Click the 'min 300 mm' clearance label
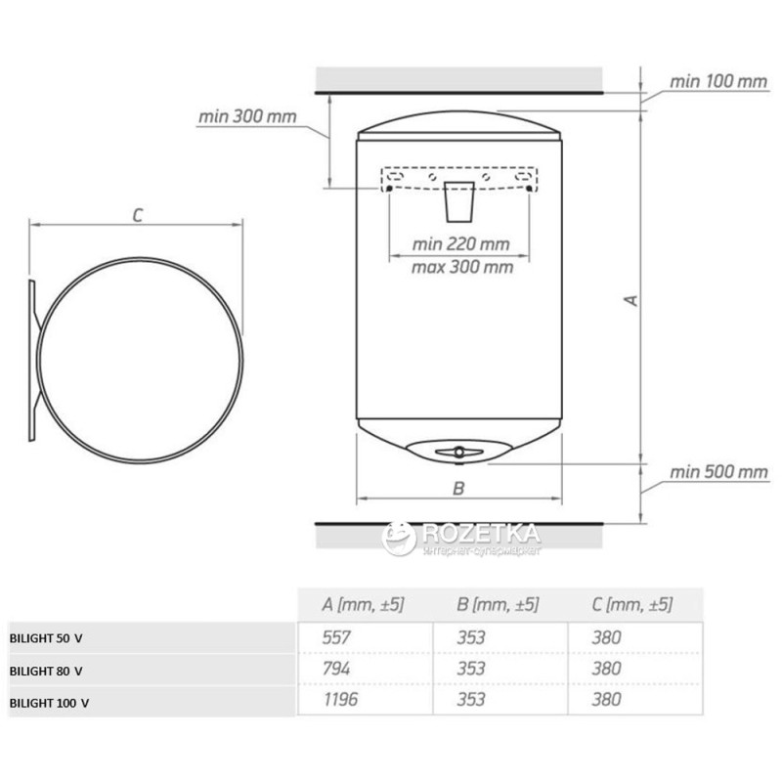point(247,116)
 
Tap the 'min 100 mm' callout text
point(718,82)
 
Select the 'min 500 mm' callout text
point(718,472)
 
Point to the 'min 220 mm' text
point(460,243)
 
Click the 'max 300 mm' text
point(462,267)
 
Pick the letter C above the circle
point(138,215)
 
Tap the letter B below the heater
point(458,488)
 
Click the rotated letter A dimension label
point(631,300)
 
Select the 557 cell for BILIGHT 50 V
point(336,637)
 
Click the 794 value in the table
point(336,669)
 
